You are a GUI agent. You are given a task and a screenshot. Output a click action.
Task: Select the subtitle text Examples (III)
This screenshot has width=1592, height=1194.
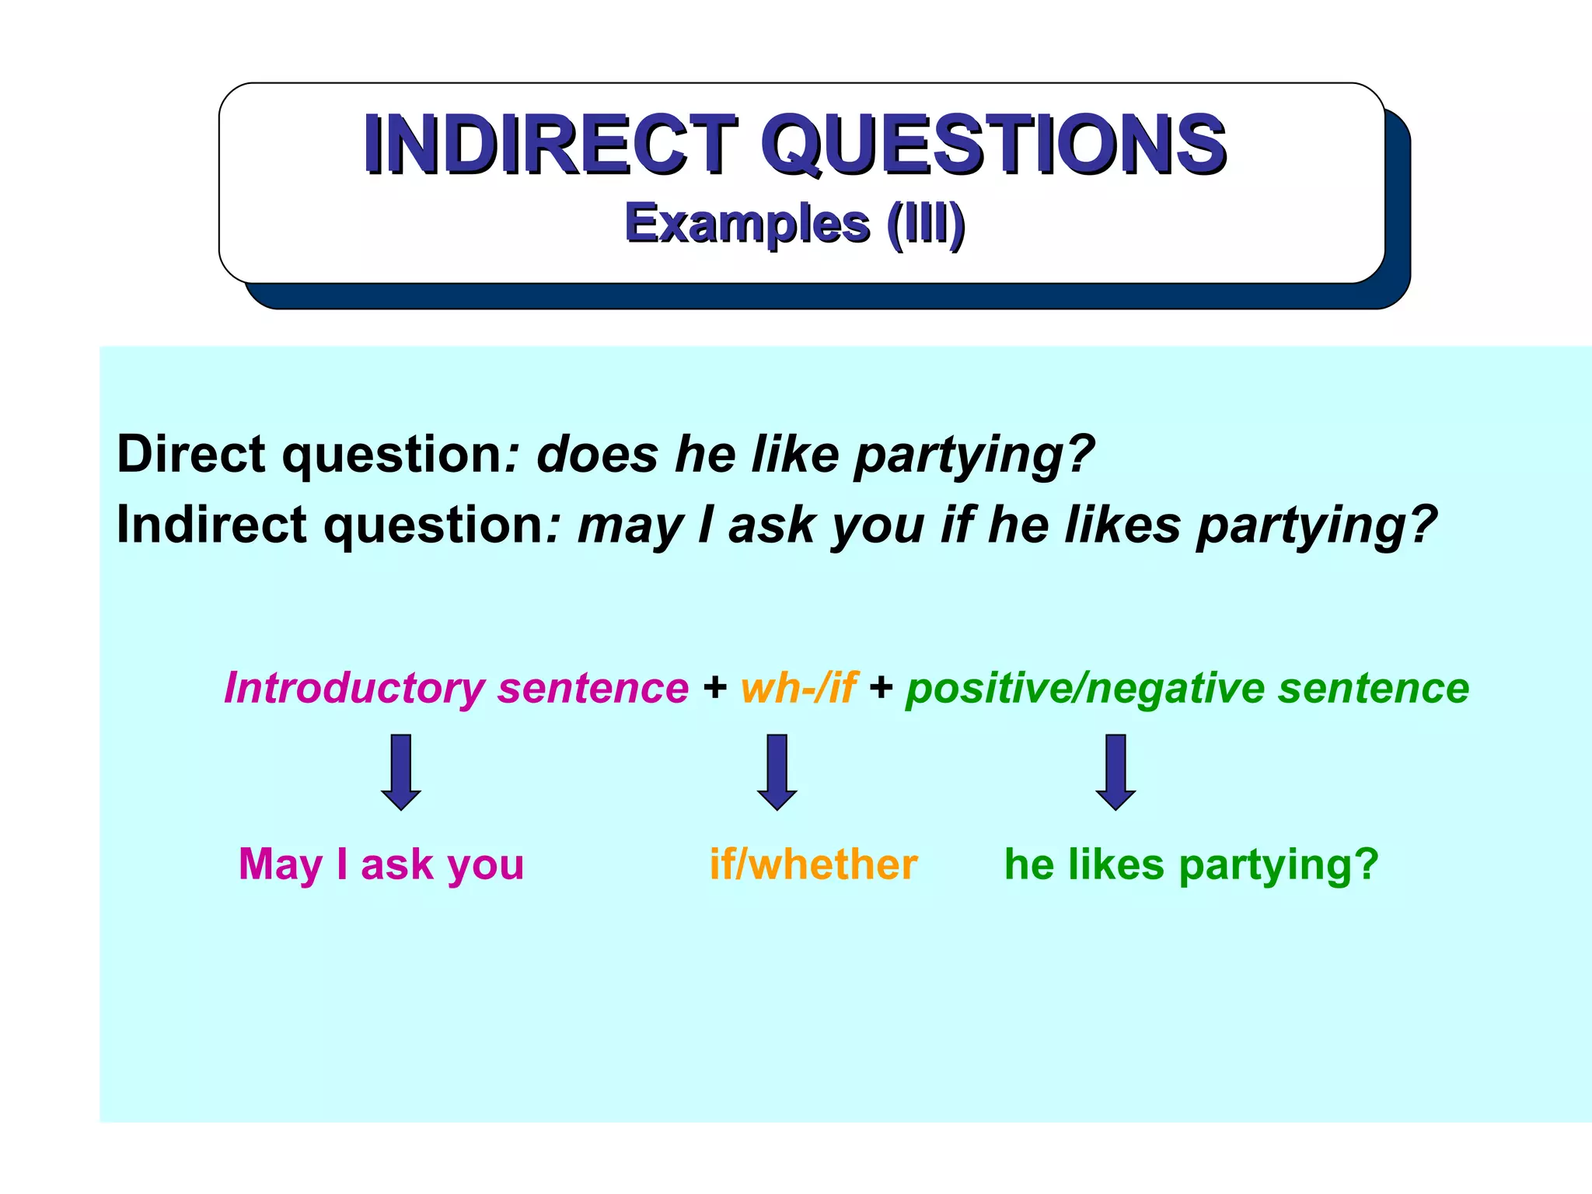click(x=794, y=224)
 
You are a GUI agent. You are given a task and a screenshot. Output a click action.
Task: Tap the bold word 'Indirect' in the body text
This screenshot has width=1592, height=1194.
click(x=211, y=525)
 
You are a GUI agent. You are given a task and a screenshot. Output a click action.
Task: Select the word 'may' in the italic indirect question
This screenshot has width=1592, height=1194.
click(x=629, y=526)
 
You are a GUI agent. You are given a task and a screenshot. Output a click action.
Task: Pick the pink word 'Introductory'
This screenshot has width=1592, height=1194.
click(x=354, y=689)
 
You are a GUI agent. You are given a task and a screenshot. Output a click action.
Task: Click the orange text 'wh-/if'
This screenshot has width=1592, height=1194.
click(x=798, y=689)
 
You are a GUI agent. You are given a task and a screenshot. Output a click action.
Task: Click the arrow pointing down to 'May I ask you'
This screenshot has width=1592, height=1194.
click(x=401, y=771)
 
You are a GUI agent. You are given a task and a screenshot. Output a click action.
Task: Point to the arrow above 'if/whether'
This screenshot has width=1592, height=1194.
click(x=777, y=771)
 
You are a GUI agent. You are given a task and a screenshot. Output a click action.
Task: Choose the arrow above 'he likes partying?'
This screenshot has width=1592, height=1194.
click(x=1115, y=771)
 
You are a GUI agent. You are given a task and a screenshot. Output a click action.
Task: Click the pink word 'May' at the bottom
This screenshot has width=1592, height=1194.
click(x=280, y=864)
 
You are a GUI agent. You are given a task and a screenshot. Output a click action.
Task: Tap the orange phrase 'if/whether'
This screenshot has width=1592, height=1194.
click(x=813, y=864)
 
